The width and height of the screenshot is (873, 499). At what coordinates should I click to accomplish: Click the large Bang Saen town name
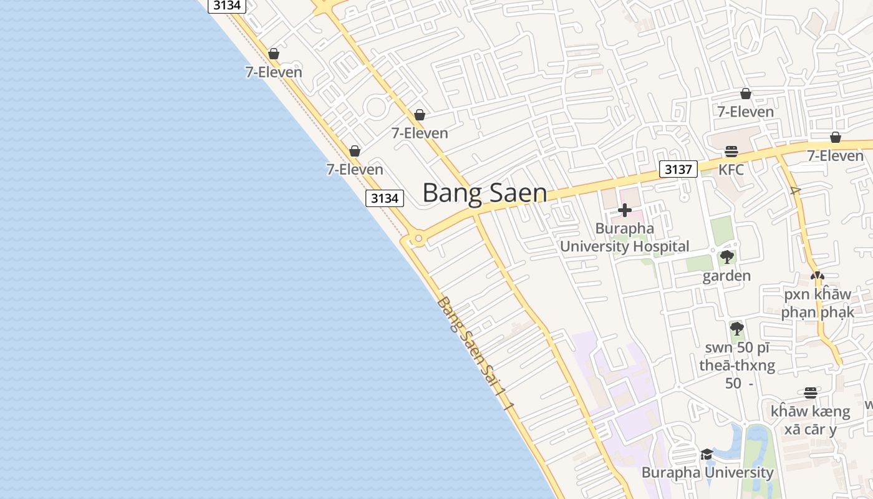[485, 193]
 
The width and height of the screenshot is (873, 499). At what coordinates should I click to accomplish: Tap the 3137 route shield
[678, 169]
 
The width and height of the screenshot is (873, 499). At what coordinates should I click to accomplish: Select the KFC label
[731, 170]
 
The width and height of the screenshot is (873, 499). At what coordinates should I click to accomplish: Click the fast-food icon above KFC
[731, 152]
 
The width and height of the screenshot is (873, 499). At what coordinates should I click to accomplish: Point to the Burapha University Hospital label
[624, 237]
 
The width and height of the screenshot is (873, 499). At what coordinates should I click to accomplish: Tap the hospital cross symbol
[624, 210]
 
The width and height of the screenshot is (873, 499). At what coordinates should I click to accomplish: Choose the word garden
[726, 276]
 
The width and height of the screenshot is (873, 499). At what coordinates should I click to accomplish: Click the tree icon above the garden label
[726, 257]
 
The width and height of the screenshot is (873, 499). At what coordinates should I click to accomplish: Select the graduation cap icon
[707, 454]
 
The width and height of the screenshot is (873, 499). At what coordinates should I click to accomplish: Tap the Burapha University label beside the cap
[708, 472]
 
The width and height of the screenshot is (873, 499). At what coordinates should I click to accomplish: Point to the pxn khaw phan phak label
[817, 303]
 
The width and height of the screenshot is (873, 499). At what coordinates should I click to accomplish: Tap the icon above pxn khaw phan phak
[817, 275]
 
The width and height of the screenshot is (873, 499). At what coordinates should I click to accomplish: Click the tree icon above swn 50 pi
[737, 328]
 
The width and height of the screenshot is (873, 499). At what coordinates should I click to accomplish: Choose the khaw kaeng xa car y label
[810, 420]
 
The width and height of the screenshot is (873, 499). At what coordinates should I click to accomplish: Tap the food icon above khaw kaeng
[810, 393]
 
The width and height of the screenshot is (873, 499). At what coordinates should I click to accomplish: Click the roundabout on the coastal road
[418, 238]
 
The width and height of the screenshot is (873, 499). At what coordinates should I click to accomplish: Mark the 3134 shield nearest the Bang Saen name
[384, 198]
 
